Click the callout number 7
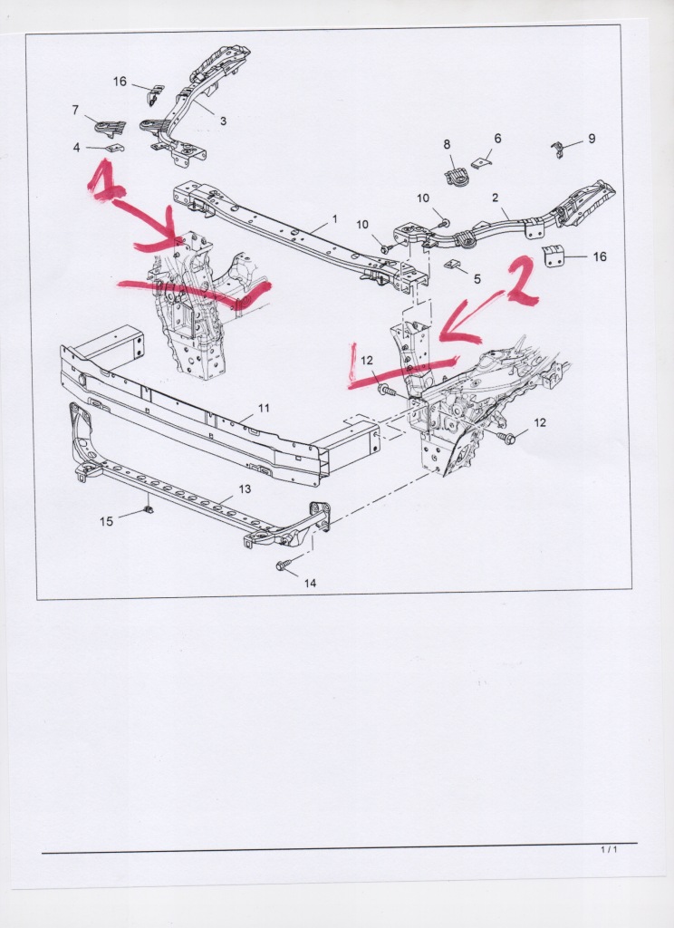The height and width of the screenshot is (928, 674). click(x=75, y=110)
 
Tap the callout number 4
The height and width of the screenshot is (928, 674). click(x=76, y=148)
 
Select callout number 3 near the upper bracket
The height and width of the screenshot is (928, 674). click(x=223, y=121)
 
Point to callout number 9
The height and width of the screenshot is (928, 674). click(x=592, y=139)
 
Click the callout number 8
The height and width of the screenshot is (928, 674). click(x=447, y=144)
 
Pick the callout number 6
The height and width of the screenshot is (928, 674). click(x=497, y=138)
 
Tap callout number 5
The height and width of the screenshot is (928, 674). click(x=477, y=278)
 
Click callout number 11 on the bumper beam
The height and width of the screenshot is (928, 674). click(x=264, y=408)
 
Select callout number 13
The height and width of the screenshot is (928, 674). click(x=245, y=488)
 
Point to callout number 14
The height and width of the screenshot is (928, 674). click(x=310, y=583)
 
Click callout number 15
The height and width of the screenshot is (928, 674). click(x=107, y=521)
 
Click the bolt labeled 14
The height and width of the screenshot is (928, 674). click(x=283, y=565)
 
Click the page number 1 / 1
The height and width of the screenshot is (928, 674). click(x=609, y=850)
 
